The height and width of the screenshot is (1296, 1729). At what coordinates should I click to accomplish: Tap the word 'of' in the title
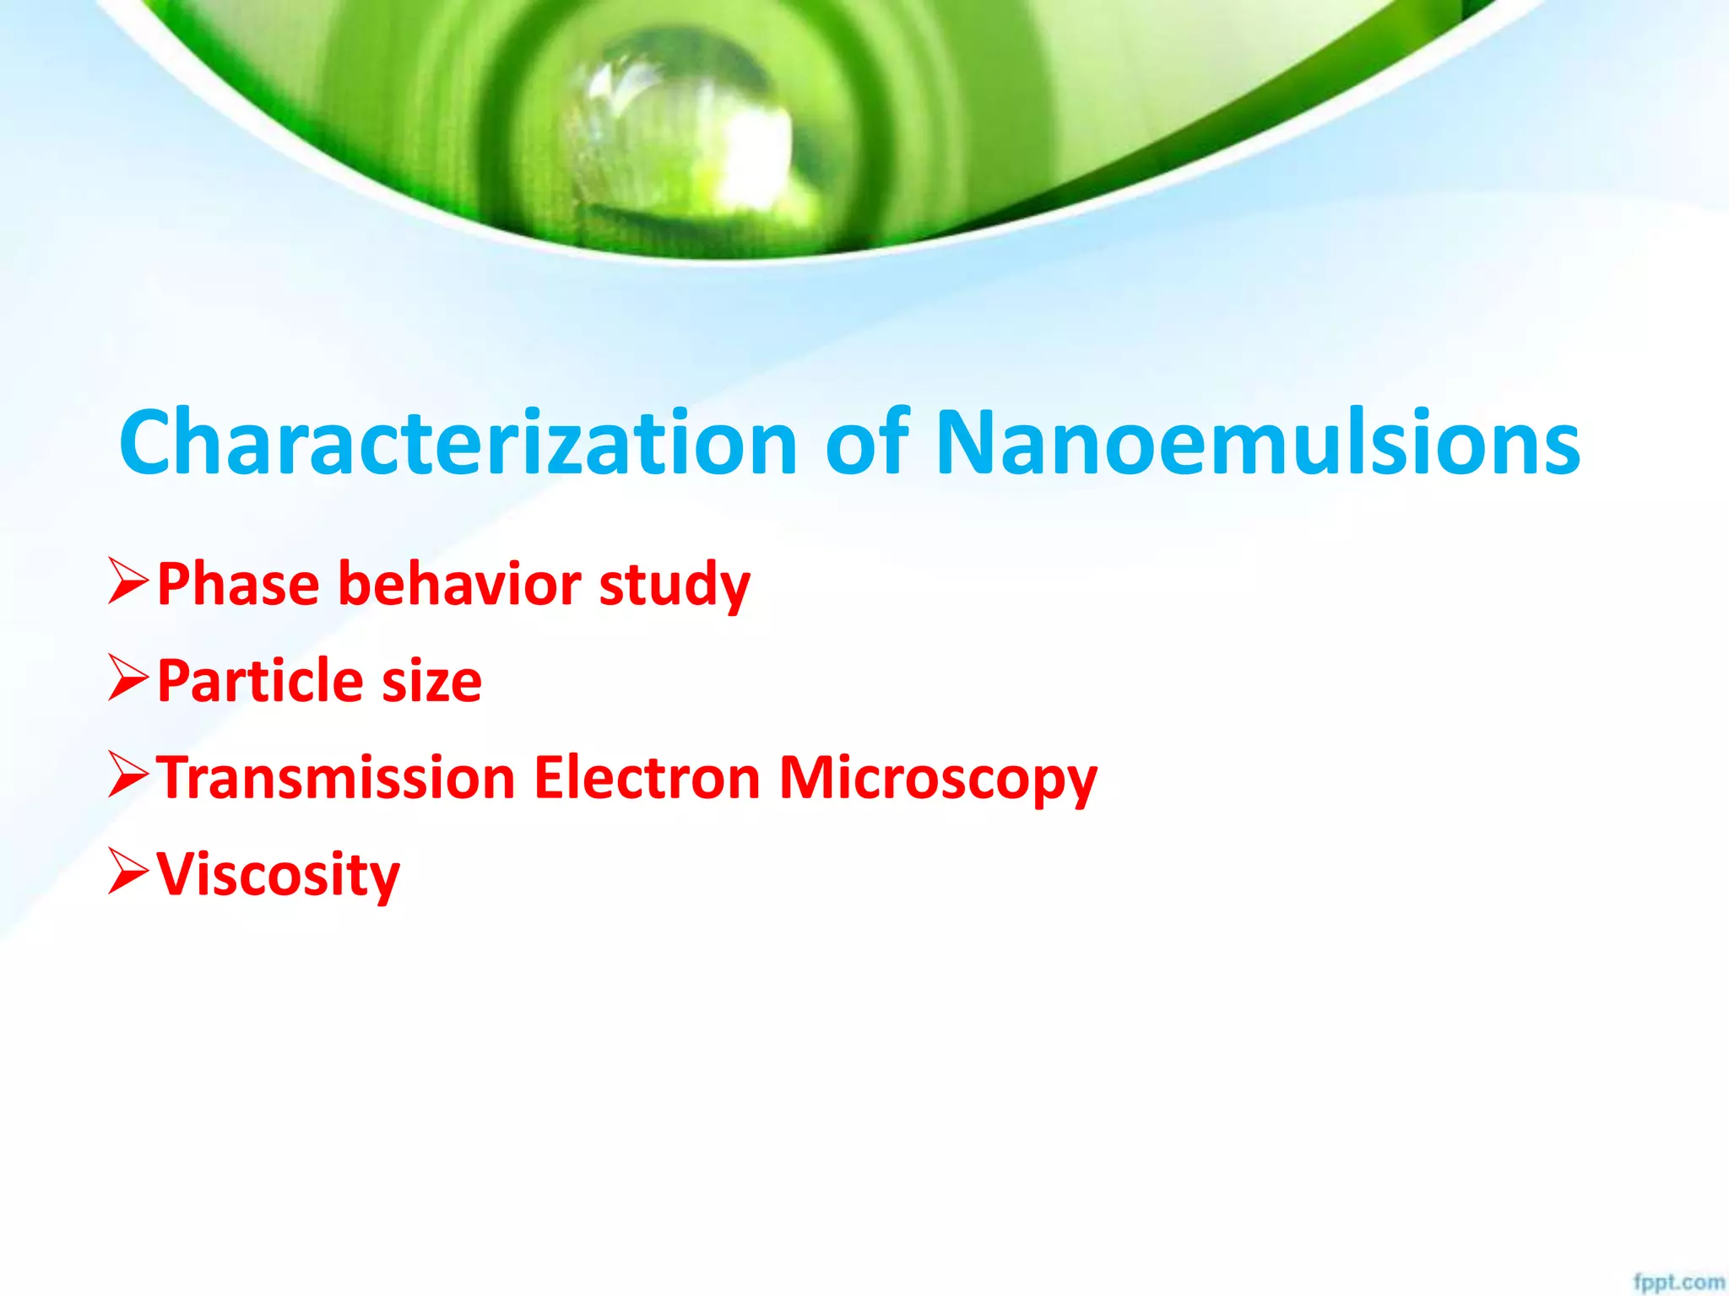pyautogui.click(x=866, y=443)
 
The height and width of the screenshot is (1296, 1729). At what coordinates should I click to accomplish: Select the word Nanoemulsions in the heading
pyautogui.click(x=1257, y=443)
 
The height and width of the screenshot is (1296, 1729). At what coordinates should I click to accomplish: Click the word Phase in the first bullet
pyautogui.click(x=238, y=584)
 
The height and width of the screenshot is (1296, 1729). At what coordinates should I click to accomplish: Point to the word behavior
pyautogui.click(x=460, y=584)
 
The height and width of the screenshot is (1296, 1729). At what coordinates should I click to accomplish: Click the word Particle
pyautogui.click(x=260, y=680)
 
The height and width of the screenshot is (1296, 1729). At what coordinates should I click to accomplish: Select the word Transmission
pyautogui.click(x=336, y=777)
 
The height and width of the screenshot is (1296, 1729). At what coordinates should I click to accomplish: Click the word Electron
pyautogui.click(x=647, y=777)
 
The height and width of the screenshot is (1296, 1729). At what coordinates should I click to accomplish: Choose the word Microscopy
pyautogui.click(x=937, y=779)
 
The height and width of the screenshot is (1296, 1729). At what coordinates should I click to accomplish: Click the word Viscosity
pyautogui.click(x=278, y=875)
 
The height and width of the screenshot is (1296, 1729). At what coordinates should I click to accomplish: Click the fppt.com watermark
pyautogui.click(x=1678, y=1282)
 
